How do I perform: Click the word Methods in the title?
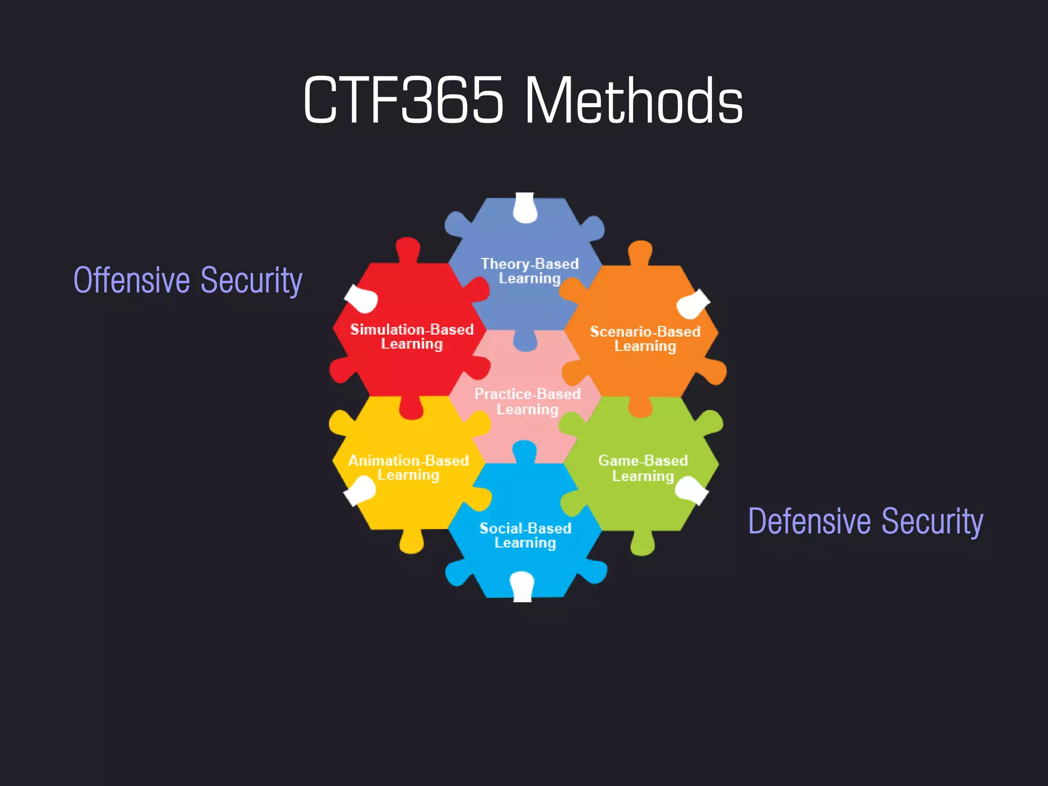[x=634, y=100]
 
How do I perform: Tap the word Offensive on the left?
[x=132, y=280]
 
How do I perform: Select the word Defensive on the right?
[x=809, y=521]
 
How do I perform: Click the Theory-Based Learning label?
[x=530, y=271]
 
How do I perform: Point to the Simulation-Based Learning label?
[x=412, y=337]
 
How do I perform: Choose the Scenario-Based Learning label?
[x=645, y=339]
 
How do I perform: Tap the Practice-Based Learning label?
[x=528, y=402]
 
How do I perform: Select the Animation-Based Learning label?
[x=408, y=468]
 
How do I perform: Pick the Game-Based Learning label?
[x=643, y=468]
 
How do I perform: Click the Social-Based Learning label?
[x=525, y=535]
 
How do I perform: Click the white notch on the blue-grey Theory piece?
[x=525, y=208]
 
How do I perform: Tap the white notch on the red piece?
[x=362, y=299]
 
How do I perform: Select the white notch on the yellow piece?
[x=360, y=490]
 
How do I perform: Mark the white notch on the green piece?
[x=691, y=490]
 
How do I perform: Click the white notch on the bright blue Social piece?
[x=522, y=586]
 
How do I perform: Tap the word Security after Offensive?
[x=251, y=280]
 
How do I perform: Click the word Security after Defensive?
[x=932, y=521]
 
